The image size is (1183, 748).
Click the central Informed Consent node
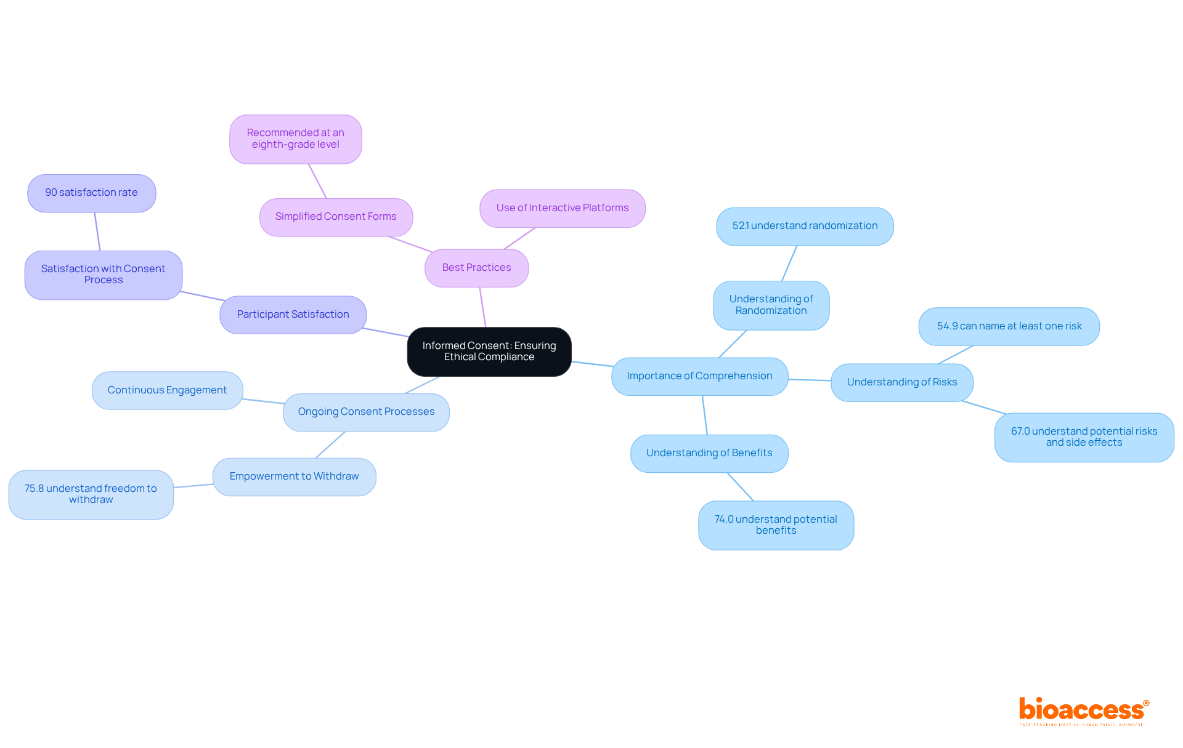coord(489,352)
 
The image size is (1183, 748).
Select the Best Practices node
coord(476,268)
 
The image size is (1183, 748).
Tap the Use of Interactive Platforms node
coord(563,208)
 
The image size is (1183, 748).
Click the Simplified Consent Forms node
coord(336,217)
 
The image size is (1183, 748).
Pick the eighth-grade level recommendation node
coord(296,139)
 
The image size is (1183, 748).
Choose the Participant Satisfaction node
coord(293,315)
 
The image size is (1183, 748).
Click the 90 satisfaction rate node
coord(91,193)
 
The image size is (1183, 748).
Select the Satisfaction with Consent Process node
coord(103,275)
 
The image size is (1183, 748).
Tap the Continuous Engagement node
coord(167,390)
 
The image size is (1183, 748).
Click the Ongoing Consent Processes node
coord(366,412)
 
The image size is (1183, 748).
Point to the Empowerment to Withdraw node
coord(294,477)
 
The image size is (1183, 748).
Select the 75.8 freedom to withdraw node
coord(91,494)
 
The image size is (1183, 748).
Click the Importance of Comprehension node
coord(699,376)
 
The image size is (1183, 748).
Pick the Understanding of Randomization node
coord(771,305)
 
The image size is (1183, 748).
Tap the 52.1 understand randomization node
coord(805,226)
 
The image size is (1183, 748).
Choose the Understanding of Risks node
coord(901,382)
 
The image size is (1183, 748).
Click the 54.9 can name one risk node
coord(1009,326)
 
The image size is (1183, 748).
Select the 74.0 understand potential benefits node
coord(776,525)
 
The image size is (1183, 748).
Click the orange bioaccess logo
coord(1083,710)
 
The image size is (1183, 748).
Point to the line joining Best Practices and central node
coord(483,307)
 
